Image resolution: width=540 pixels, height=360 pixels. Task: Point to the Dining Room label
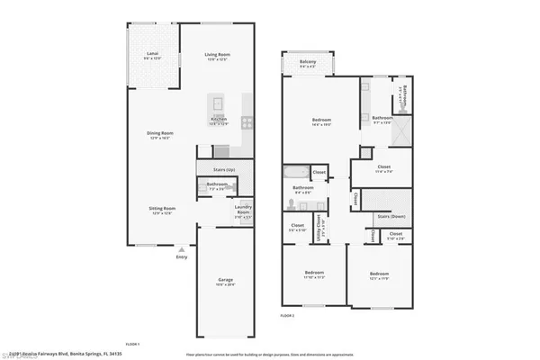[x=160, y=135]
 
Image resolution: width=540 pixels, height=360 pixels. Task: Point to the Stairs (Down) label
[x=390, y=217]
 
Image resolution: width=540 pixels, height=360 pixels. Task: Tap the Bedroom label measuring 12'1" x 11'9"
[x=379, y=274]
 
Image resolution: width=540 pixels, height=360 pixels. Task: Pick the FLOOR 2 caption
[x=287, y=317]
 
